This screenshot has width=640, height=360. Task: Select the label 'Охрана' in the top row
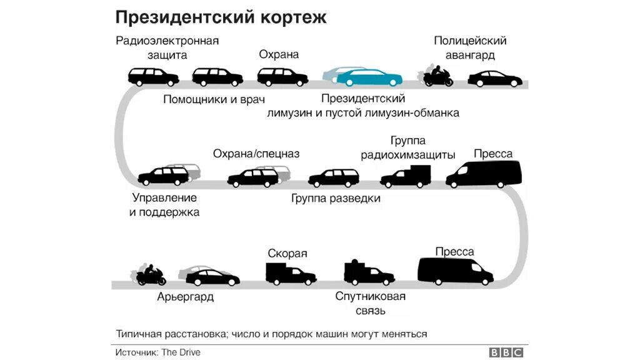pyautogui.click(x=279, y=54)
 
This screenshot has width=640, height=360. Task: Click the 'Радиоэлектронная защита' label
pyautogui.click(x=167, y=47)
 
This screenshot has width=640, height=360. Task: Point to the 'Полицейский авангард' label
pyautogui.click(x=470, y=47)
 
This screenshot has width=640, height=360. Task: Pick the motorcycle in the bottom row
pyautogui.click(x=150, y=274)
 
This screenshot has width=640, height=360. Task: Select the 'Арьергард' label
pyautogui.click(x=185, y=297)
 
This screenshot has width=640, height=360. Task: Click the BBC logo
pyautogui.click(x=506, y=352)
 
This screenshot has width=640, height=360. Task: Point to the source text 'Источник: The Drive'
pyautogui.click(x=158, y=352)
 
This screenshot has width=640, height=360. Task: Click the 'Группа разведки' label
pyautogui.click(x=336, y=199)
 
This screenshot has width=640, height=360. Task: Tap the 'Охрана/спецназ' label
pyautogui.click(x=256, y=154)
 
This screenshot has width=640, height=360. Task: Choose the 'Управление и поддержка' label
pyautogui.click(x=164, y=205)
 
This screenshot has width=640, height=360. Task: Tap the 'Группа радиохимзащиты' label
pyautogui.click(x=407, y=147)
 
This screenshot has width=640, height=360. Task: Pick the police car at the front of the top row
pyautogui.click(x=495, y=79)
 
